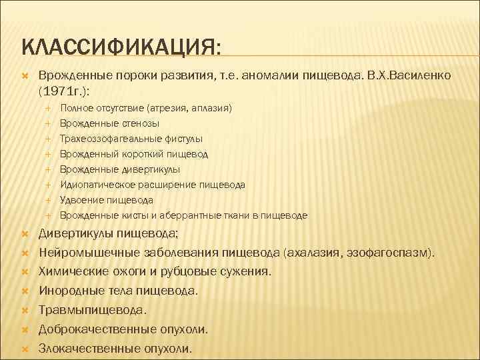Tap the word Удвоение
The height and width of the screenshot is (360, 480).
[x=79, y=200]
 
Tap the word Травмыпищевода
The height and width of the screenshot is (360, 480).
[x=93, y=310]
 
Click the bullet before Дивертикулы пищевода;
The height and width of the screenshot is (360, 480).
[x=25, y=234]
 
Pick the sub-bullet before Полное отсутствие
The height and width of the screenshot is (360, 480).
[x=49, y=108]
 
